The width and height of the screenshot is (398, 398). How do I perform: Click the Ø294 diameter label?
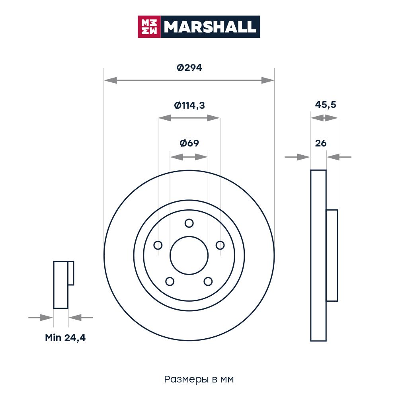(x=189, y=68)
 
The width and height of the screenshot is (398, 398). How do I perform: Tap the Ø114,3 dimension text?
(x=189, y=105)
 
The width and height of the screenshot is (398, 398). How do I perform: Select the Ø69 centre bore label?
(x=189, y=143)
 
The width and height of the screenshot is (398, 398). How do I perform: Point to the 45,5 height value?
(x=326, y=105)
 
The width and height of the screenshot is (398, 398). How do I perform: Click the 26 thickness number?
(x=320, y=143)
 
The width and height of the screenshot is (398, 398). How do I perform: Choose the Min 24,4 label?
(x=65, y=338)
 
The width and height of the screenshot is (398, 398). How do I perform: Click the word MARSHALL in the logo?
(x=210, y=27)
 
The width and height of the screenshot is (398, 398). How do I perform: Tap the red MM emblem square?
(x=149, y=27)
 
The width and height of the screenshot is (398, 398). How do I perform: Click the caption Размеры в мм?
(x=199, y=379)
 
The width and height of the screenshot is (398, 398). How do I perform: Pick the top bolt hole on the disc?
(x=189, y=223)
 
